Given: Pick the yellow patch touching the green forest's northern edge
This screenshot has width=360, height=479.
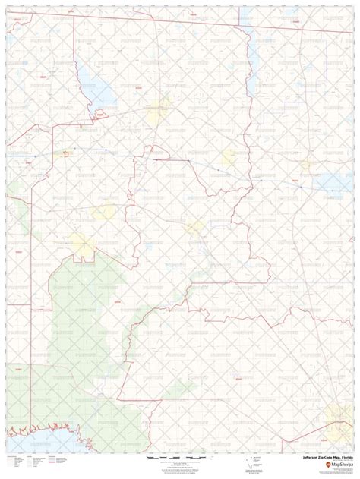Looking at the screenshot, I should (x=81, y=244).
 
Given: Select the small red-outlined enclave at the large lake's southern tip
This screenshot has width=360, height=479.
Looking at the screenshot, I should (x=99, y=115).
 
